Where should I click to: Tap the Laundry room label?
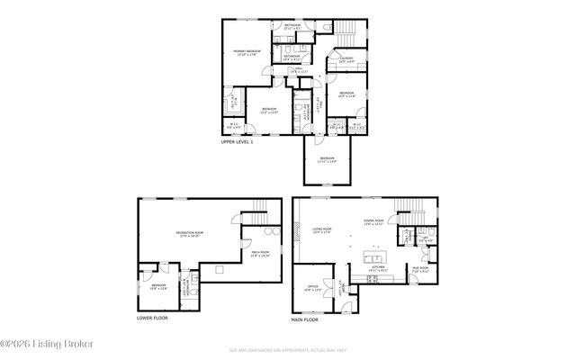[346, 59]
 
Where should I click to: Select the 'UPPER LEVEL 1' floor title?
[238, 142]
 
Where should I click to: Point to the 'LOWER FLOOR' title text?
[152, 318]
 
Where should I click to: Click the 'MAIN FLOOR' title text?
[305, 319]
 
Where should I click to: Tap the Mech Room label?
[261, 255]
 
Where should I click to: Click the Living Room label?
[322, 229]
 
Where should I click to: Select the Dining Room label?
[373, 220]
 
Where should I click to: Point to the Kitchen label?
[379, 267]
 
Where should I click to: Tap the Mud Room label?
[420, 268]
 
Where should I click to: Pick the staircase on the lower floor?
[258, 215]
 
